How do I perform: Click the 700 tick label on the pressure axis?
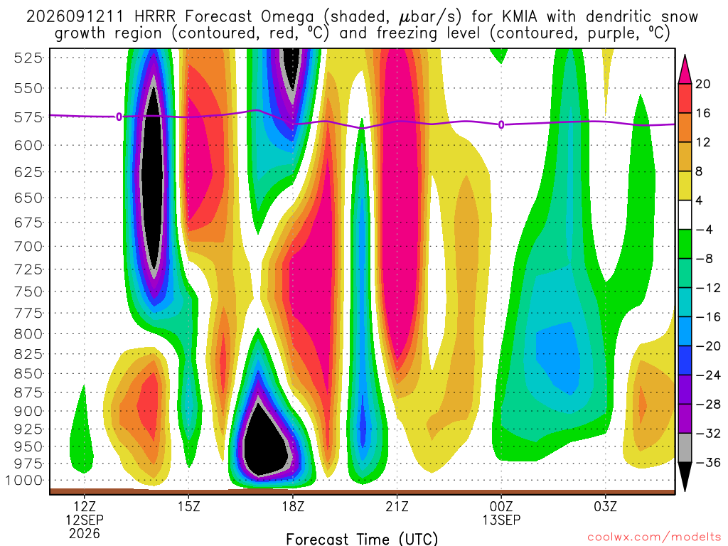[28, 247]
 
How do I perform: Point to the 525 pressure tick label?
[28, 58]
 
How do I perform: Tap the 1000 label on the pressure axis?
[24, 481]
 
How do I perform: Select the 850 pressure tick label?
[28, 374]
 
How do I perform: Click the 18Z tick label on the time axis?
[293, 506]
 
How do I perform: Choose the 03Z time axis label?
[606, 506]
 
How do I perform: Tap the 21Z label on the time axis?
[397, 506]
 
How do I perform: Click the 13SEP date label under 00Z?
[501, 520]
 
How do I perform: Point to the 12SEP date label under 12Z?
[85, 520]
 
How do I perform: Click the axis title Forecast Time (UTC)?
[362, 539]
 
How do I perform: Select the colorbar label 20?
[702, 84]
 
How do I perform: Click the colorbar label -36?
[708, 462]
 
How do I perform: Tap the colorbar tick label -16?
[708, 317]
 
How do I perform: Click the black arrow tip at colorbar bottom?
[685, 491]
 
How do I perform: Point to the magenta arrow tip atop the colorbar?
[685, 55]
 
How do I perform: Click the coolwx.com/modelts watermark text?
[654, 537]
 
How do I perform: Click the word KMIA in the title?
[520, 17]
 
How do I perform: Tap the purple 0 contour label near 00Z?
[501, 125]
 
